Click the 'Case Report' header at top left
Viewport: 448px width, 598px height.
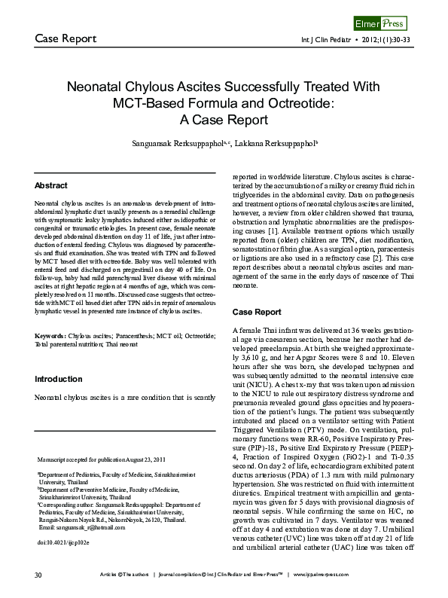coord(65,38)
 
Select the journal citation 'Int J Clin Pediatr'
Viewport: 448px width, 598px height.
coord(326,39)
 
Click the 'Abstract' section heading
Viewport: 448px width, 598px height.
coord(50,185)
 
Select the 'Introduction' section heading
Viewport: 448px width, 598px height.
coord(58,379)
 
